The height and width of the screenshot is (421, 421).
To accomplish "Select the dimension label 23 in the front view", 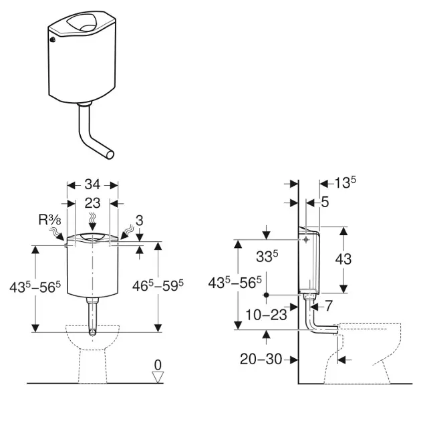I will tap(93, 202).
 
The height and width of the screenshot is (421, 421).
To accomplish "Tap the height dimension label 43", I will tap(343, 260).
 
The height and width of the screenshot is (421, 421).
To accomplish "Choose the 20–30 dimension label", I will tap(260, 359).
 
